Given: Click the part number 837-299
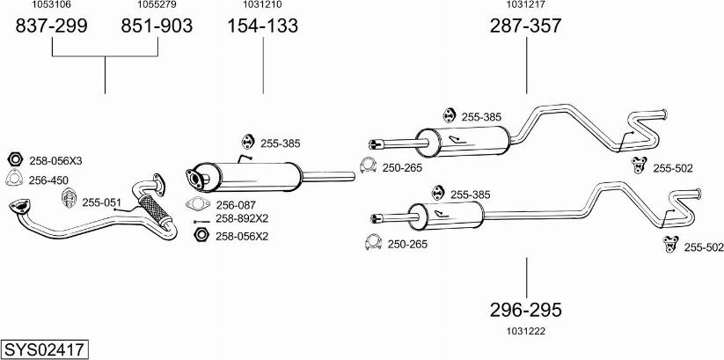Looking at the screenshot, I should click(x=52, y=26).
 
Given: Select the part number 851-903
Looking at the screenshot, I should click(x=156, y=26).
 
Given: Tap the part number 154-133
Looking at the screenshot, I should click(x=263, y=26).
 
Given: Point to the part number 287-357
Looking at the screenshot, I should click(x=525, y=26).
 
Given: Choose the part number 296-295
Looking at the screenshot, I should click(x=525, y=310).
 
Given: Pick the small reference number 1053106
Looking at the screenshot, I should click(x=52, y=5).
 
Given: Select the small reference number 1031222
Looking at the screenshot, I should click(x=525, y=330).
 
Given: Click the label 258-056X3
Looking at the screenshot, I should click(x=55, y=161).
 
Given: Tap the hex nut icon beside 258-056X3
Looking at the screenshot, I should click(x=14, y=160).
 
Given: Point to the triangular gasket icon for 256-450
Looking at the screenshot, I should click(x=14, y=180).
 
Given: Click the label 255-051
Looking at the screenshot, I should click(x=101, y=202).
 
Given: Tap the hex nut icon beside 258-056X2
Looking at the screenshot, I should click(x=200, y=235).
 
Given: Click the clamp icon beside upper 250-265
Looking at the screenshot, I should click(x=369, y=165).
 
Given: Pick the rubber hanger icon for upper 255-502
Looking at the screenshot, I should click(x=640, y=165).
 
